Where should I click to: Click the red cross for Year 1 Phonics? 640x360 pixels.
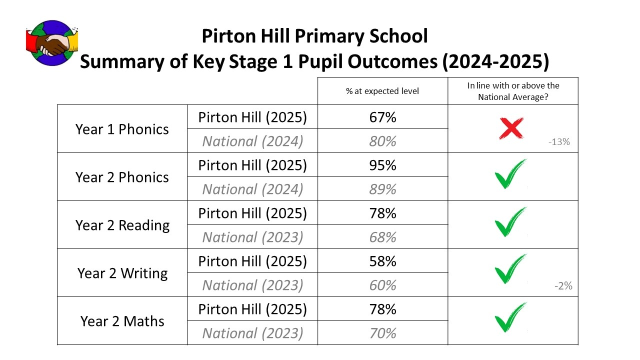coord(511,127)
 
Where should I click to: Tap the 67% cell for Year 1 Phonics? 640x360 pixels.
coord(382,117)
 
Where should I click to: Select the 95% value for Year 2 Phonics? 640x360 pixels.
coord(382,165)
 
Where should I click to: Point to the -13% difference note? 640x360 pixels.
coord(558,141)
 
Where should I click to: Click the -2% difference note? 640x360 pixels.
coord(563,286)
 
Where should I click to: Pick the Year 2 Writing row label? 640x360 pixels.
coord(122,273)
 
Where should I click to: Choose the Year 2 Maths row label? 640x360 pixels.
coord(122,321)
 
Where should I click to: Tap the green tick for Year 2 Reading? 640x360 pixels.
coord(510,222)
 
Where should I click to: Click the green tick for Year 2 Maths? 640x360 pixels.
coord(510,317)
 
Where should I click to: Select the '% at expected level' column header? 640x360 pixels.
coord(382,91)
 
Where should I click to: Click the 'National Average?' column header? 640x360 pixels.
coord(513,91)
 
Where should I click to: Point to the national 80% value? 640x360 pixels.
coord(382,141)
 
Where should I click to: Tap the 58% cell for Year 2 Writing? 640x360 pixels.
coord(382,261)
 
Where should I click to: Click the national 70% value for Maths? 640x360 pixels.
coord(382,333)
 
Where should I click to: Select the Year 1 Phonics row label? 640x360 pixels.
coord(122,129)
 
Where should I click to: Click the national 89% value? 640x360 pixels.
coord(382,189)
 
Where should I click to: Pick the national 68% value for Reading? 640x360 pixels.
coord(382,237)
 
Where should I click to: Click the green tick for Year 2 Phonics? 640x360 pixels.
coord(510,174)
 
